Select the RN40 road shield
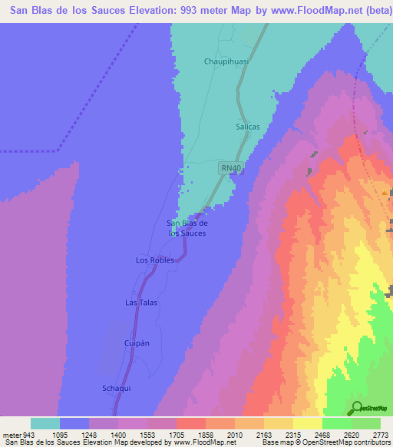230,167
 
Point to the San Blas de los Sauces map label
187,227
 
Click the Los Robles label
155,260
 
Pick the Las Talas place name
141,303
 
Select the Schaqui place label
117,388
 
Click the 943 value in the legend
24,435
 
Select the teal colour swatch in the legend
45,423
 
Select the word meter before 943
10,435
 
